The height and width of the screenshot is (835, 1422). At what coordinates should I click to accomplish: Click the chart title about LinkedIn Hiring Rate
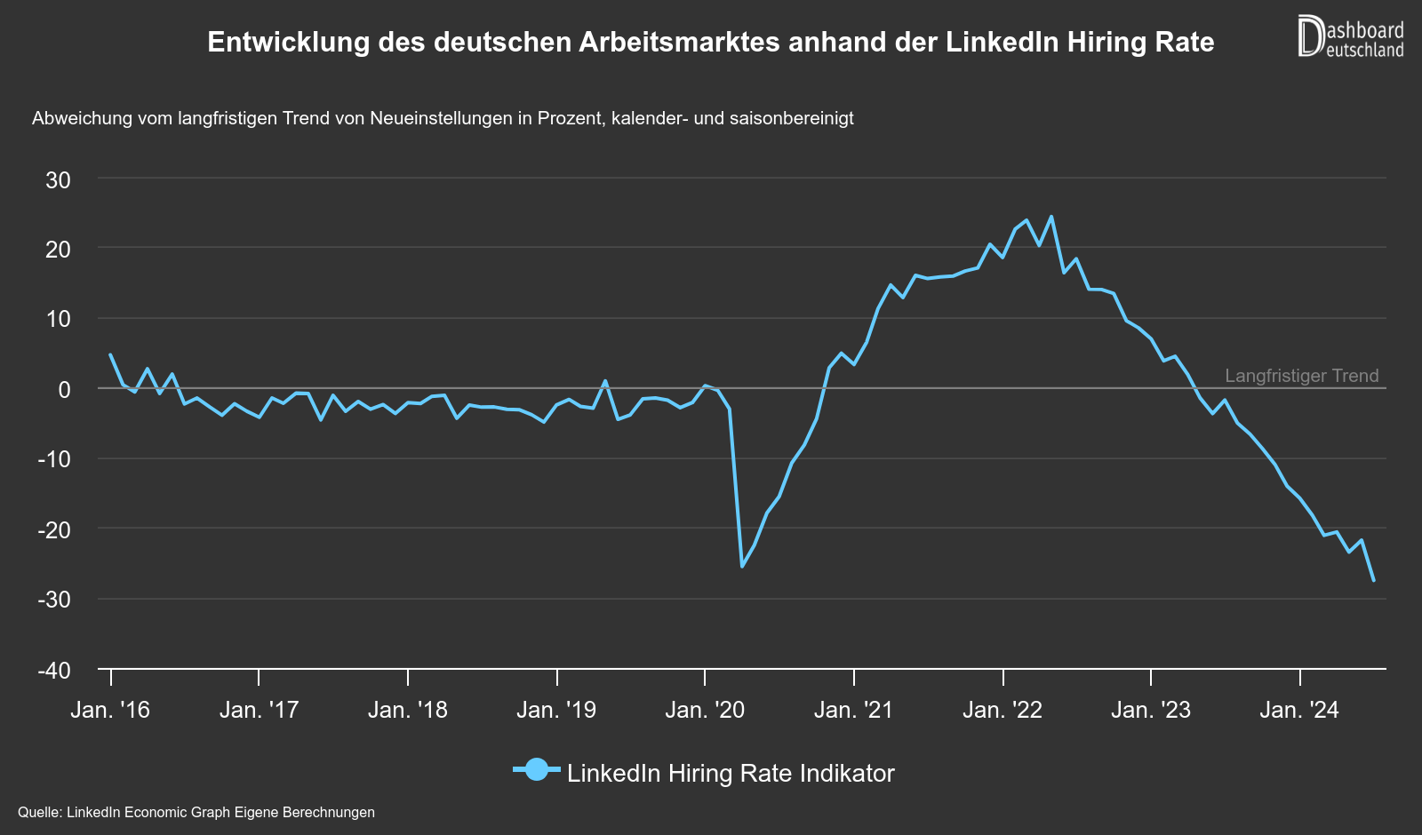click(x=710, y=42)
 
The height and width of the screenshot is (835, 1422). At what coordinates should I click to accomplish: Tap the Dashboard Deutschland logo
click(x=1351, y=37)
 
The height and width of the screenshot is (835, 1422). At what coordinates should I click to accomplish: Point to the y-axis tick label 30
click(x=59, y=180)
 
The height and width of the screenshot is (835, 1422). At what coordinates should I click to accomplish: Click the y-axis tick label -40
click(x=54, y=671)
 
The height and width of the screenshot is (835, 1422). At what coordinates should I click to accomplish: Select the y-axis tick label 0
click(x=64, y=389)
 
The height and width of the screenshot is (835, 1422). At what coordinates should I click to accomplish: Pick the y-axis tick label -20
click(x=54, y=529)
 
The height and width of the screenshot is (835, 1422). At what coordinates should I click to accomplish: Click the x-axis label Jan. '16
click(x=110, y=710)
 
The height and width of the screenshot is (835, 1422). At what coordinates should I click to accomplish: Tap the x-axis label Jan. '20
click(x=705, y=710)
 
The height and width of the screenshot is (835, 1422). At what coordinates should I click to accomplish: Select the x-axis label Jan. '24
click(x=1299, y=710)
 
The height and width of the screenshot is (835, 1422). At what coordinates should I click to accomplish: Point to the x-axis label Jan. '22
click(x=1003, y=710)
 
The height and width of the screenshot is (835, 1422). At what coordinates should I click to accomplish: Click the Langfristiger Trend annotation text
click(x=1301, y=376)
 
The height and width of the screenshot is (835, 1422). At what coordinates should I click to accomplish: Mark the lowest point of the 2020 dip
click(x=742, y=566)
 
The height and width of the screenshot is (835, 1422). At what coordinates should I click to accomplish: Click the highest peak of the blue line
click(x=1051, y=216)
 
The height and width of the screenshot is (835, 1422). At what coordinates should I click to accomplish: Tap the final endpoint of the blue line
click(x=1374, y=580)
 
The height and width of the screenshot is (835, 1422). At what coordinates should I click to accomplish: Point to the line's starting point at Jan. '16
click(x=110, y=354)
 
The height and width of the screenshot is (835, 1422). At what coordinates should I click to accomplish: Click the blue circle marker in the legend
click(x=537, y=770)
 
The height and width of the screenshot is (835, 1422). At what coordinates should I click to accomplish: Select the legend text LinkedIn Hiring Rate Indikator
click(x=731, y=773)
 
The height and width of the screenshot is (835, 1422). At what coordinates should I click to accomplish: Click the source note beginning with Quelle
click(x=196, y=812)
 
